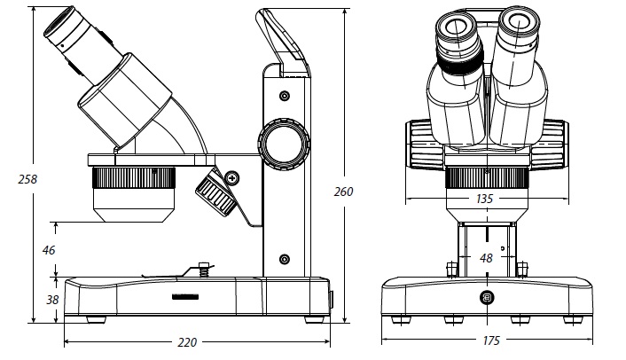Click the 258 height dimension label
[x=27, y=179]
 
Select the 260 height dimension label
[x=344, y=192]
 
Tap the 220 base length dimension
[x=187, y=342]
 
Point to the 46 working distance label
[x=49, y=250]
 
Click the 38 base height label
[x=52, y=300]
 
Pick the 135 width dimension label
[x=485, y=199]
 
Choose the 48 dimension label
[x=486, y=258]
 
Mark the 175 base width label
[x=491, y=340]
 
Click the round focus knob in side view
[x=284, y=145]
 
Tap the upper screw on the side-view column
[x=285, y=96]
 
